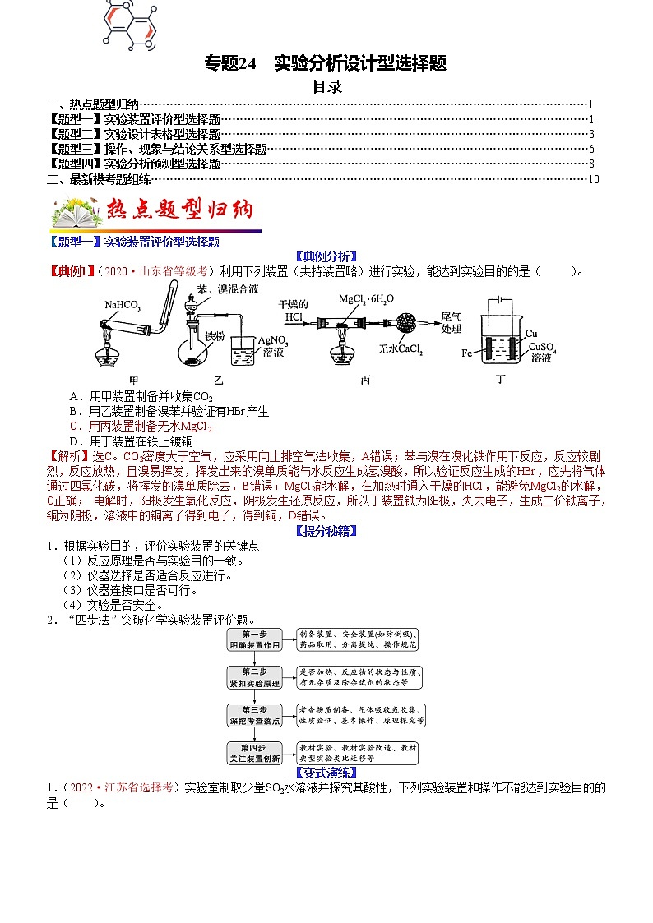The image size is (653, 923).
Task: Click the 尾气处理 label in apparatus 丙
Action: point(452,322)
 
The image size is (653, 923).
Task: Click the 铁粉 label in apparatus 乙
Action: point(215,335)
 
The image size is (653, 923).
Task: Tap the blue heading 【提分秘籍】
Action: point(326,531)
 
